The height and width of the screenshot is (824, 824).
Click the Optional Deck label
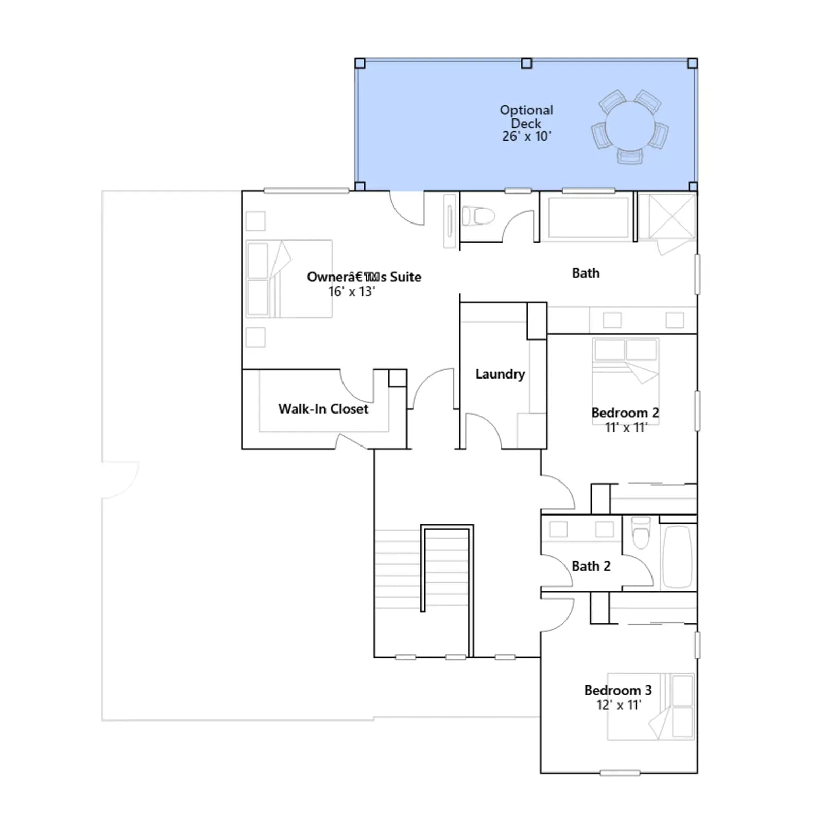[x=526, y=116]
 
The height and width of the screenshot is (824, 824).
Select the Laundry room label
[x=500, y=374]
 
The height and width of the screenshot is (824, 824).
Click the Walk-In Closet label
[x=323, y=409]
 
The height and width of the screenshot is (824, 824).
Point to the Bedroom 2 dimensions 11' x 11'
[x=626, y=427]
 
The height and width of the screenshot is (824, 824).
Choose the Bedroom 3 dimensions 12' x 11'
[x=619, y=705]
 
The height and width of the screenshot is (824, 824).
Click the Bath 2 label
[x=591, y=566]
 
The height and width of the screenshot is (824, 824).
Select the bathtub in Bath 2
[x=677, y=556]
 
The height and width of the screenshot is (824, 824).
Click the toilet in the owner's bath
[x=478, y=216]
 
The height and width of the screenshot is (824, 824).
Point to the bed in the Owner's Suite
[x=289, y=279]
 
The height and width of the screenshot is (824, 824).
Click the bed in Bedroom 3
[x=650, y=706]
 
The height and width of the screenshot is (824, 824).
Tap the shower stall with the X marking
[x=672, y=216]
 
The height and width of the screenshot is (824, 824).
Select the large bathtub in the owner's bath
[x=588, y=217]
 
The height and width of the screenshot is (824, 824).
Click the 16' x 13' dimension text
[x=352, y=291]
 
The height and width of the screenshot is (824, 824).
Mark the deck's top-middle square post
[x=526, y=63]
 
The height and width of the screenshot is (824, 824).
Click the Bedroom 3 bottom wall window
[x=620, y=772]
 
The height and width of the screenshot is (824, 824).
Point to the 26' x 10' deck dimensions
[x=526, y=136]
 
